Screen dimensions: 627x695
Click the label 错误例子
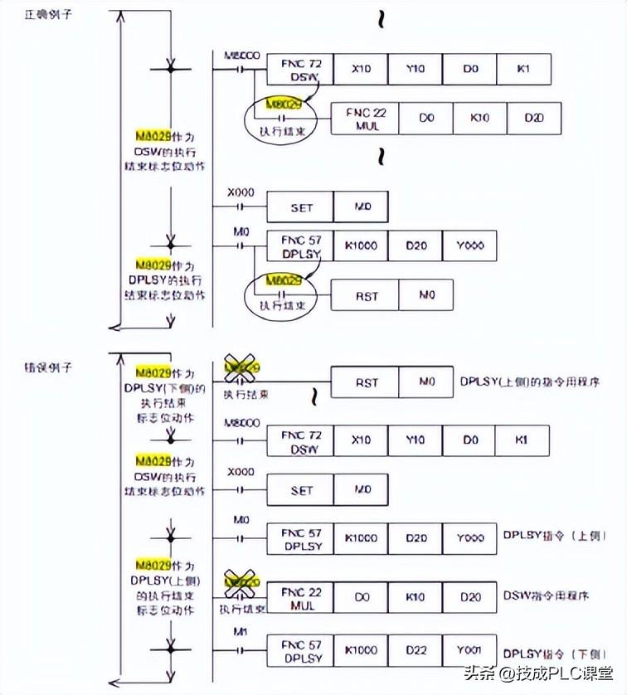click(43, 365)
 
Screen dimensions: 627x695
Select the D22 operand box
click(416, 649)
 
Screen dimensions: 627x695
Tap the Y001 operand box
click(469, 649)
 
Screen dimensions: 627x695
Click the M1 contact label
click(241, 632)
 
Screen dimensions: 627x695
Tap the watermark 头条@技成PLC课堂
click(539, 673)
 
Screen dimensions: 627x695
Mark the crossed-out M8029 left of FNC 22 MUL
click(241, 584)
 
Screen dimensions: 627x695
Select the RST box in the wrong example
click(366, 383)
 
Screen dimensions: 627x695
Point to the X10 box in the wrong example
click(361, 440)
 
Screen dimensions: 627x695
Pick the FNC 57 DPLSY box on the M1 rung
click(300, 649)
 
